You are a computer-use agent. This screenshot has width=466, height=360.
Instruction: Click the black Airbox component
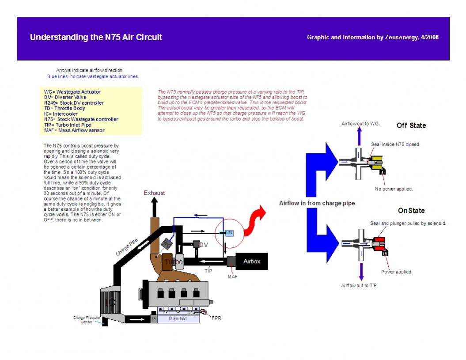pos(252,261)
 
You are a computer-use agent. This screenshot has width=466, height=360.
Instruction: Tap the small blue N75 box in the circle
pos(229,232)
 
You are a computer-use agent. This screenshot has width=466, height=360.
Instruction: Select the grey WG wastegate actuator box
pos(167,243)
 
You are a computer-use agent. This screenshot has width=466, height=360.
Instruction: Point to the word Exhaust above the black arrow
pos(154,193)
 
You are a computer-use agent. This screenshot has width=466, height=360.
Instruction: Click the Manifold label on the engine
pos(178,318)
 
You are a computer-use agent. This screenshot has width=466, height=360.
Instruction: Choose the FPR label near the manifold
pos(216,318)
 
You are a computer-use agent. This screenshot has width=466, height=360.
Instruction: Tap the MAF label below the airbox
pos(232,277)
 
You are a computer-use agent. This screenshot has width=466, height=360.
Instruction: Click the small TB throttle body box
pos(153,318)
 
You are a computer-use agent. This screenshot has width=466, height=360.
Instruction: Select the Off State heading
pos(411,125)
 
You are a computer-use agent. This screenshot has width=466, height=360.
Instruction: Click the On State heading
pos(411,211)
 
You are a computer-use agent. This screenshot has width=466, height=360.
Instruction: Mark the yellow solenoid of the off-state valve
pos(377,163)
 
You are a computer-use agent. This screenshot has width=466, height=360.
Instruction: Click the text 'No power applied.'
pos(394,189)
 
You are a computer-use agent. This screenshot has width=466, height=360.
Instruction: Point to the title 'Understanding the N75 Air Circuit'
pos(96,38)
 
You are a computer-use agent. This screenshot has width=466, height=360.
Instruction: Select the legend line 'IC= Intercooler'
pos(61,114)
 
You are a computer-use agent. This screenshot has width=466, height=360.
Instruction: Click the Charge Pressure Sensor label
pos(87,320)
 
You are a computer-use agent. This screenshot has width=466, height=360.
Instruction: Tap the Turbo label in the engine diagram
pos(173,262)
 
